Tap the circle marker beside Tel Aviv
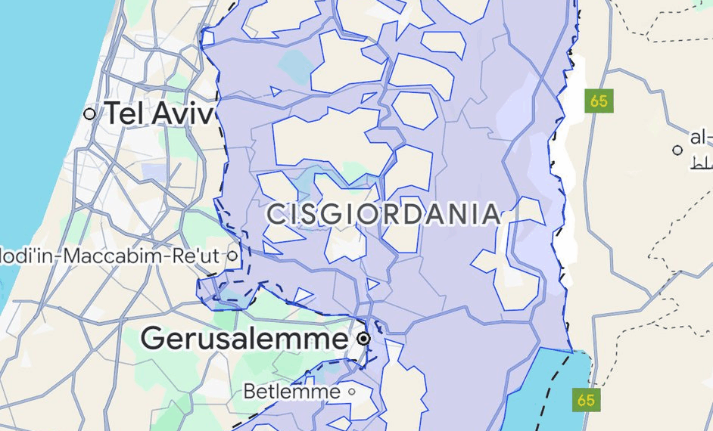point(91,114)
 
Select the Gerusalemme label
point(244,338)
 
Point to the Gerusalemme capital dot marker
point(364,339)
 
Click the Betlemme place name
point(291,392)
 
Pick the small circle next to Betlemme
point(351,392)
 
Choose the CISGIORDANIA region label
point(384,215)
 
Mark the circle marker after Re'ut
point(232,256)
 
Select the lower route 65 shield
point(586,399)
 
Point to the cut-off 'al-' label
point(701,138)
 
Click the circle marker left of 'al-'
point(677,150)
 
